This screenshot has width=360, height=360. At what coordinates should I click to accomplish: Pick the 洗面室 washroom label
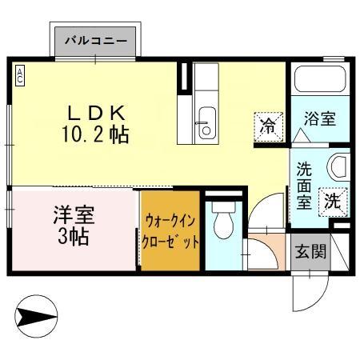point(305,186)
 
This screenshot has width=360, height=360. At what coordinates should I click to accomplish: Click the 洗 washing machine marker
point(332,201)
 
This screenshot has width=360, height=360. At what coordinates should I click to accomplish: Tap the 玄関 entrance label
point(310,252)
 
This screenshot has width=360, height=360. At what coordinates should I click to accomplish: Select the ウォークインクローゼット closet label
point(169,230)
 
